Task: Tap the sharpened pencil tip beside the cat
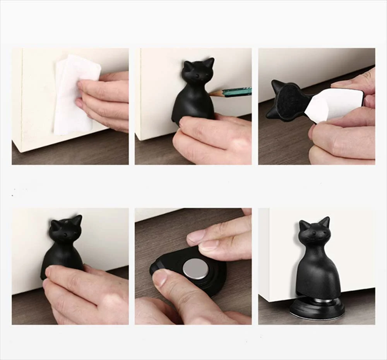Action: (x=212, y=93)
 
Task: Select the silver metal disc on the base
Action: (x=195, y=269)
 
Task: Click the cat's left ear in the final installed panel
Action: (x=304, y=225)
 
